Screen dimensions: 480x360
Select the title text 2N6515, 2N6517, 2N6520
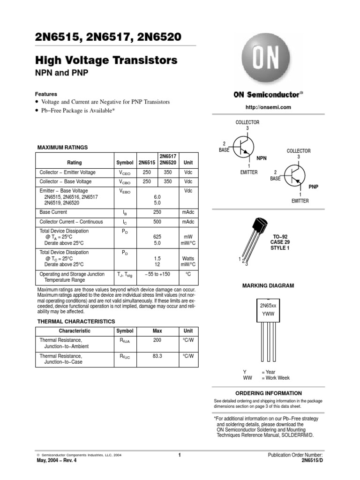pyautogui.click(x=108, y=37)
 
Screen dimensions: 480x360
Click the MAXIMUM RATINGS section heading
pyautogui.click(x=62, y=147)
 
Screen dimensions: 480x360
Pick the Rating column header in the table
pyautogui.click(x=75, y=163)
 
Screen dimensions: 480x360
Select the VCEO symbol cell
pyautogui.click(x=125, y=173)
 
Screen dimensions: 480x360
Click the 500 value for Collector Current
pyautogui.click(x=157, y=221)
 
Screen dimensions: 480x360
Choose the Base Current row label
pyautogui.click(x=54, y=212)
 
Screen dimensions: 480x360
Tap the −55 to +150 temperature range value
pyautogui.click(x=157, y=274)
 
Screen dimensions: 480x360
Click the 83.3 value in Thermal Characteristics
pyautogui.click(x=157, y=356)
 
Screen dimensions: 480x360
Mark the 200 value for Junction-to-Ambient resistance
pyautogui.click(x=157, y=340)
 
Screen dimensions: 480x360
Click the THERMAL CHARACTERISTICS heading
pyautogui.click(x=76, y=322)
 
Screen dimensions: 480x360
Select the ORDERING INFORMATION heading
pyautogui.click(x=268, y=393)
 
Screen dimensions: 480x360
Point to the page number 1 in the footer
pyautogui.click(x=180, y=455)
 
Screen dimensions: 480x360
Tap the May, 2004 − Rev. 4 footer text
pyautogui.click(x=56, y=460)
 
